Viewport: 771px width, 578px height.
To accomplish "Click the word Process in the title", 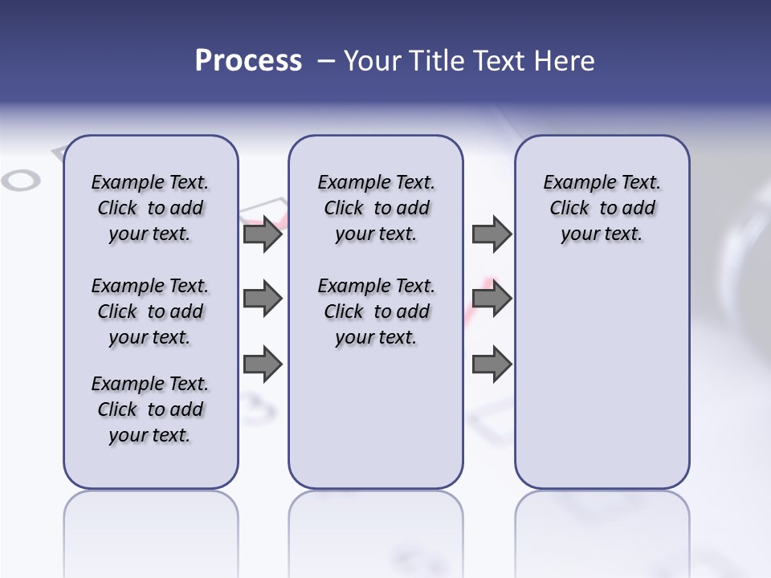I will coord(248,60).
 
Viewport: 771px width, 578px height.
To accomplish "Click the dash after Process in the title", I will coord(326,61).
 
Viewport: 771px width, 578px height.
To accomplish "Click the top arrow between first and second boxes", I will coord(262,234).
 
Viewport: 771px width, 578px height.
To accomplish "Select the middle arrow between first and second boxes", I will coord(262,299).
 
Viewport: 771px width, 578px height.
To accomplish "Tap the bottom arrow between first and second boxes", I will coord(262,365).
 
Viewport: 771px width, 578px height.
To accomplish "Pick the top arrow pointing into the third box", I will coord(492,234).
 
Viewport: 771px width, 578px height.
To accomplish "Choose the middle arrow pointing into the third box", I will coord(492,299).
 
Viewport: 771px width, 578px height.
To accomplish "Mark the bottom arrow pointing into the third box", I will coord(492,365).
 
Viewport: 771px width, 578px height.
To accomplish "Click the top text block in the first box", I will coord(150,208).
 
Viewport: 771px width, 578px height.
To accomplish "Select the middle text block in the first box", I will coord(150,311).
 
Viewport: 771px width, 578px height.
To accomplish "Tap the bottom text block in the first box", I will coord(150,409).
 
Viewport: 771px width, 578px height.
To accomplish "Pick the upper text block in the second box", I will coord(376,208).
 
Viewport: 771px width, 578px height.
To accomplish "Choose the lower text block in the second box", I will coord(376,311).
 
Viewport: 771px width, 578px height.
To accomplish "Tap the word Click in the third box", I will coord(569,209).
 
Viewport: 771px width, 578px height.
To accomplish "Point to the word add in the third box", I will coord(638,209).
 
